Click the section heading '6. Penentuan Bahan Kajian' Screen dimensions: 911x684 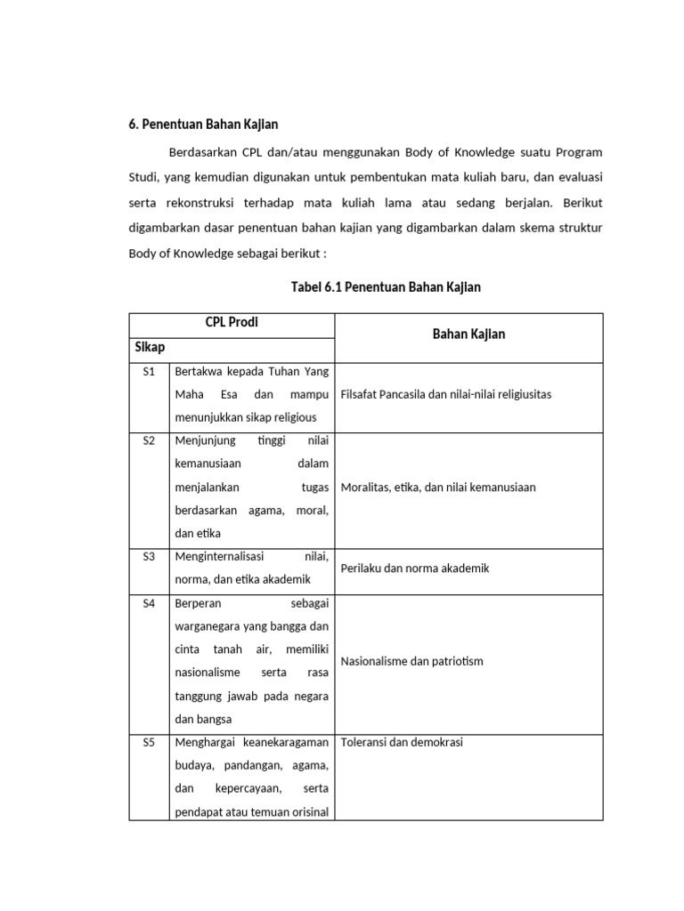tap(204, 124)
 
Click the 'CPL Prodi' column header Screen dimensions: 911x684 tap(232, 322)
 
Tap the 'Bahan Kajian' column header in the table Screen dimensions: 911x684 tap(468, 335)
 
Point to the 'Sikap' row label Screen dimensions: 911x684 tap(150, 347)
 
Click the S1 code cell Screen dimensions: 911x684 tap(149, 370)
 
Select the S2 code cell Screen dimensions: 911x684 tap(149, 439)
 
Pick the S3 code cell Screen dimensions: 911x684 tap(149, 556)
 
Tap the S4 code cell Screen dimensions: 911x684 tap(149, 602)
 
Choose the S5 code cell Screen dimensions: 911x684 tap(149, 742)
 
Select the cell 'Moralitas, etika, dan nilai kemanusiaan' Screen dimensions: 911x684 tap(438, 487)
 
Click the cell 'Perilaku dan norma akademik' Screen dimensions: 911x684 tap(415, 568)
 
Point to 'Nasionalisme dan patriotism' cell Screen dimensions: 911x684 tap(412, 662)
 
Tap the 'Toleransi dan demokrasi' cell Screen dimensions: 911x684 tap(402, 742)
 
